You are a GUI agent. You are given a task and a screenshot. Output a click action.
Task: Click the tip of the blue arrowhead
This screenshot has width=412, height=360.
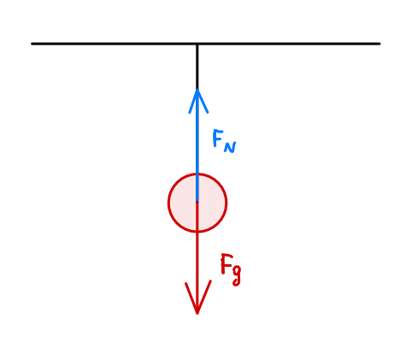point(197,90)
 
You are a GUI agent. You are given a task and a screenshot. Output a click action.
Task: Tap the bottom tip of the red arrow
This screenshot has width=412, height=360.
point(197,314)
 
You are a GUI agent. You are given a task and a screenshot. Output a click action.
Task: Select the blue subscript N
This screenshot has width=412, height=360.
point(230,147)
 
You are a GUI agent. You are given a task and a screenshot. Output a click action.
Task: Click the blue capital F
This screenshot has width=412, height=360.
point(218,138)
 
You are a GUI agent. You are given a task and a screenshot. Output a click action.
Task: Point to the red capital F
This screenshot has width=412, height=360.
point(227,263)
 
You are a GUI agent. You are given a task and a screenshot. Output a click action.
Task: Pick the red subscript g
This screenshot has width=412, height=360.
point(237,274)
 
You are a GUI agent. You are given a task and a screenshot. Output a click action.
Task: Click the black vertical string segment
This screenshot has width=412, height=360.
point(197,67)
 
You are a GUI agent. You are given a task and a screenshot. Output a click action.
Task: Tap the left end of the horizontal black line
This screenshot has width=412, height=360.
point(32,44)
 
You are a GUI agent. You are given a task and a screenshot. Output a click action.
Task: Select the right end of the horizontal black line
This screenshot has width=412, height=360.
point(380,44)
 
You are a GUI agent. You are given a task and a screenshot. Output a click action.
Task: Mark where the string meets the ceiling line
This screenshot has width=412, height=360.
point(197,44)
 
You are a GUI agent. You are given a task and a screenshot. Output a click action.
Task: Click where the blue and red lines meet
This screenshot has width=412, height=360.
point(197,202)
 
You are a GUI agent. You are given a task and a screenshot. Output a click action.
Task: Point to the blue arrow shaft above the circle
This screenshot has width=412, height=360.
point(197,132)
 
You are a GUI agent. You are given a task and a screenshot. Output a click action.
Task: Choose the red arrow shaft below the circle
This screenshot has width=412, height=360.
point(197,272)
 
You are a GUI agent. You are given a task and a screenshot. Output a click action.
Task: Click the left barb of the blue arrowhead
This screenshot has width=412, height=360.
point(193,101)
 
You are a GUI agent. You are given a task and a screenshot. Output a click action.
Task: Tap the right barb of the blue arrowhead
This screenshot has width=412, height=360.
point(203,101)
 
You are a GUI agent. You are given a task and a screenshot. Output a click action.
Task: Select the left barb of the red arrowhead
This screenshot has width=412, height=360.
point(191,298)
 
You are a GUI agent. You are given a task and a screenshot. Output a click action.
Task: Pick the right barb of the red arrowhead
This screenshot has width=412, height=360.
point(204,297)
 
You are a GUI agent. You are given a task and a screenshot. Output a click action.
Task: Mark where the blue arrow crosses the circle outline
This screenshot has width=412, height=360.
point(197,174)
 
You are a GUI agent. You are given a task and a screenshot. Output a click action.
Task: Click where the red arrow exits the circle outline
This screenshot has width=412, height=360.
point(197,232)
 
